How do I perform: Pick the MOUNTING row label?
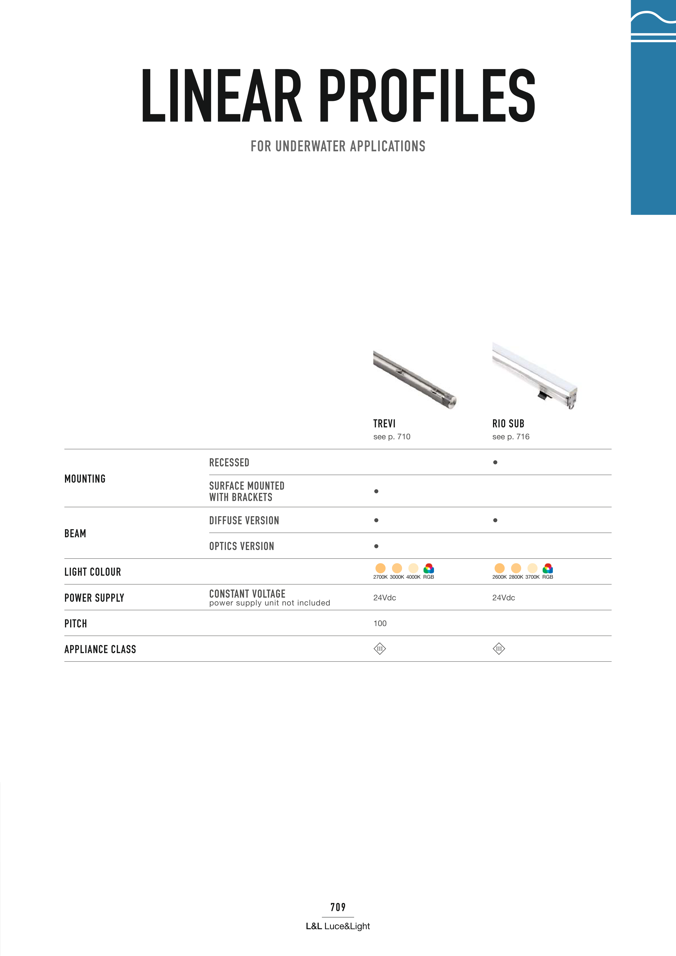click(x=85, y=479)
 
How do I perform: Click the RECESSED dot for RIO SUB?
click(x=495, y=462)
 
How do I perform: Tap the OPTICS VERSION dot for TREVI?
click(x=376, y=546)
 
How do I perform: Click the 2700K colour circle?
click(x=380, y=568)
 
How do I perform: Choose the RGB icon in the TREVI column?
click(x=429, y=568)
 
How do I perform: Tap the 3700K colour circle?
click(x=532, y=568)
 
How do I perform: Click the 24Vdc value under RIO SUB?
click(x=504, y=598)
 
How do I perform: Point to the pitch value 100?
click(x=380, y=623)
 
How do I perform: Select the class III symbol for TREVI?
click(x=380, y=649)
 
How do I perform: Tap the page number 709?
click(x=338, y=907)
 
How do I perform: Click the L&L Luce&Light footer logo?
click(x=338, y=926)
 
